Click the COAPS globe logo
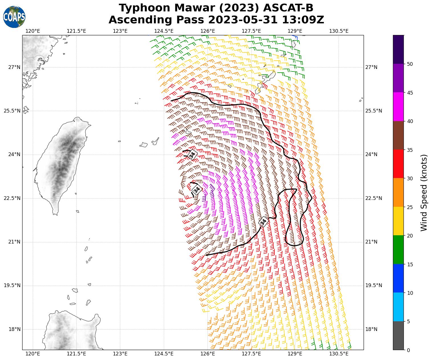(x=14, y=17)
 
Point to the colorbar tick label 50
(x=410, y=64)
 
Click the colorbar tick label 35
(x=410, y=150)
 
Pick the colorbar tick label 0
(x=408, y=350)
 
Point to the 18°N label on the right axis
(x=371, y=329)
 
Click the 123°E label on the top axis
(x=120, y=31)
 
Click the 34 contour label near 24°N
(x=193, y=155)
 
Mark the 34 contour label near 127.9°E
(x=263, y=221)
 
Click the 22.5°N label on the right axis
(x=374, y=198)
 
